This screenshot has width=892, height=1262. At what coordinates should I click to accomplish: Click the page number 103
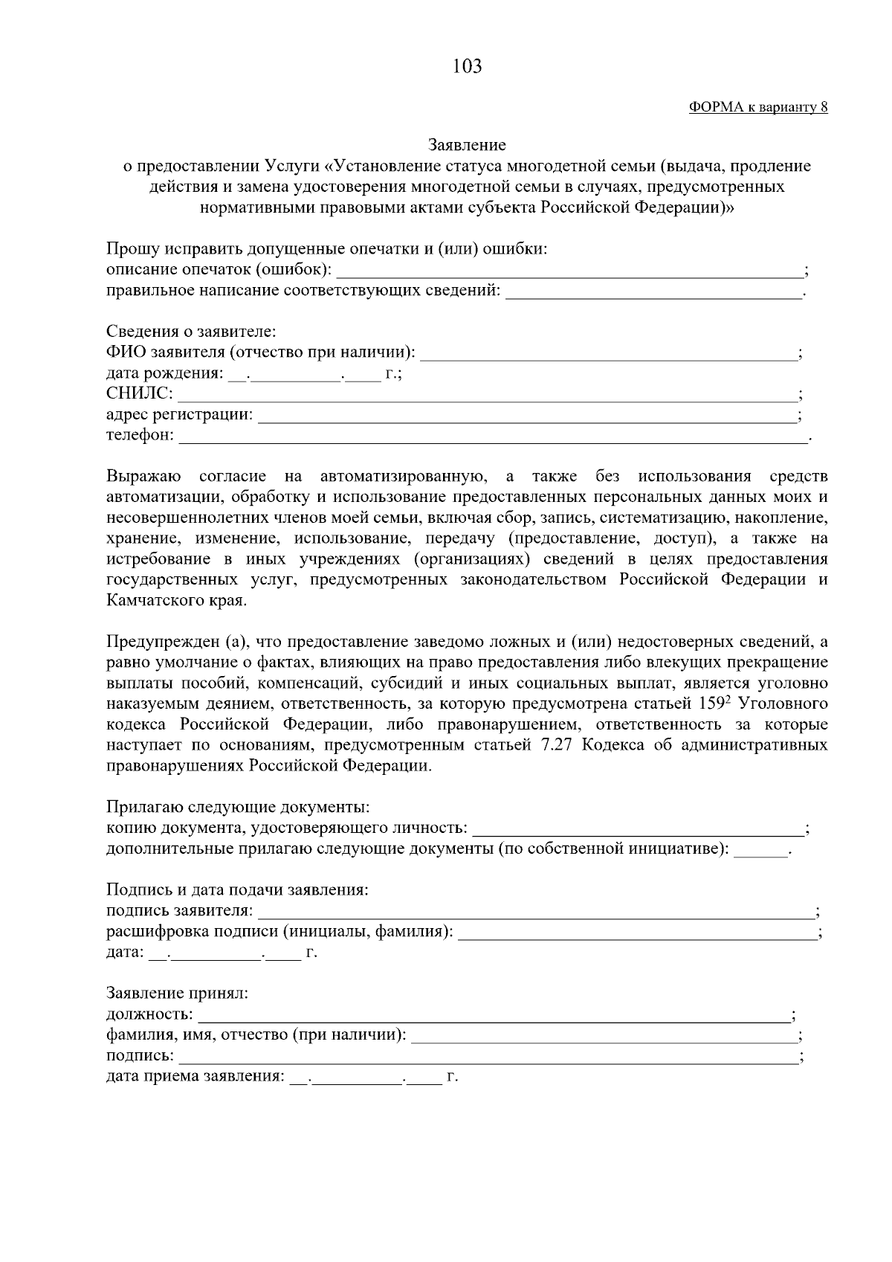467,67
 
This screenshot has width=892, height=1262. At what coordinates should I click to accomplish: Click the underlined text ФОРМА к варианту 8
758,107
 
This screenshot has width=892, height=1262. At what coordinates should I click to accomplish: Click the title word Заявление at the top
467,145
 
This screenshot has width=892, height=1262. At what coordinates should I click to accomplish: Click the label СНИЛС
139,393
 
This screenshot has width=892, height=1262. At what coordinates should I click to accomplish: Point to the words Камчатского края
174,600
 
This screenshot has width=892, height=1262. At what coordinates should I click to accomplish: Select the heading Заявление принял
177,994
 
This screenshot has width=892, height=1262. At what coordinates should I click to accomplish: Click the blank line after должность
494,1016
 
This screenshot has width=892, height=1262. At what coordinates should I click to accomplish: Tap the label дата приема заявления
195,1076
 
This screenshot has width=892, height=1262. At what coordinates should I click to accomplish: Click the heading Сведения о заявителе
190,332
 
